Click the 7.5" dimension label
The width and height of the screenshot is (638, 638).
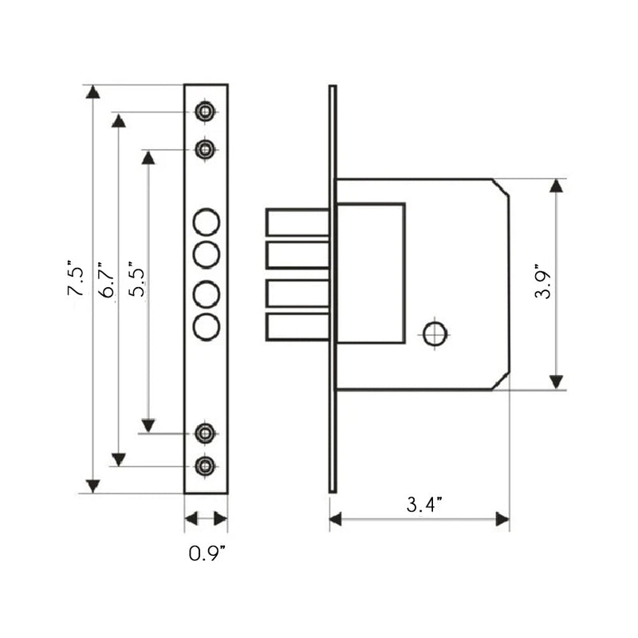[x=76, y=277]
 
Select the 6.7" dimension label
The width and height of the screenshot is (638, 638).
[x=107, y=280]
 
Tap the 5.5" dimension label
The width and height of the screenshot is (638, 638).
[x=136, y=278]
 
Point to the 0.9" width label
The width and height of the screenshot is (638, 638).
[x=207, y=553]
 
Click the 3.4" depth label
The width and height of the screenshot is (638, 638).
[x=424, y=504]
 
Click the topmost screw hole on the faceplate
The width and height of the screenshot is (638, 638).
[x=205, y=112]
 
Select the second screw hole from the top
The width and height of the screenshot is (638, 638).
[x=205, y=150]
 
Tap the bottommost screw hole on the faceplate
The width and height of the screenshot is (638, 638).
[x=205, y=467]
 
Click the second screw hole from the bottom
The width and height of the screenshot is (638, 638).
[x=205, y=434]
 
